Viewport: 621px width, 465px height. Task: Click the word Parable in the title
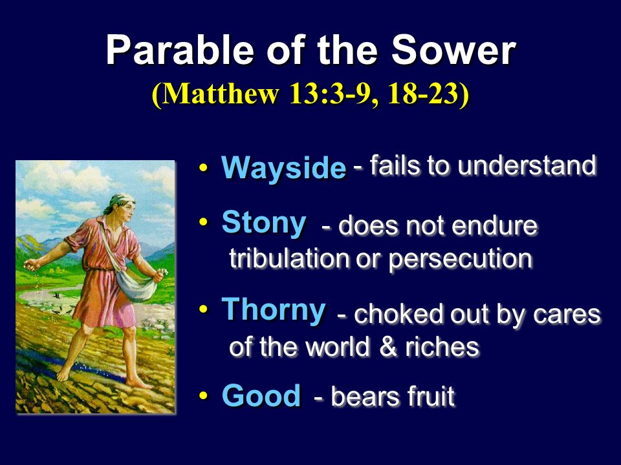(180, 50)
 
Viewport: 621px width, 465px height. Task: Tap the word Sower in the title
(453, 50)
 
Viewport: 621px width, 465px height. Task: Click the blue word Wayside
(283, 168)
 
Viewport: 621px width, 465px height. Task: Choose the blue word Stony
(264, 223)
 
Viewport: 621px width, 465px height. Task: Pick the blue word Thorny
(273, 311)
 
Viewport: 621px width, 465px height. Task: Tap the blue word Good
(261, 395)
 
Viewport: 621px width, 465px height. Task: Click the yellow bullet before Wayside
(204, 167)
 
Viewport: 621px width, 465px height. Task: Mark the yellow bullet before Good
(204, 395)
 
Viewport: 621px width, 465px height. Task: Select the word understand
(527, 165)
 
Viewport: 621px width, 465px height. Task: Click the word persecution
(460, 260)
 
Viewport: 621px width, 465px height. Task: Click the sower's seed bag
(136, 285)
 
